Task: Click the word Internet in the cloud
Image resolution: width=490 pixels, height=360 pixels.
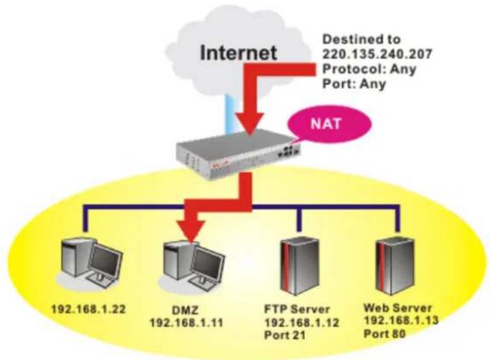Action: pos(239,53)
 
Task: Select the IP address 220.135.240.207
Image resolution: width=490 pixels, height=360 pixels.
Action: pos(376,54)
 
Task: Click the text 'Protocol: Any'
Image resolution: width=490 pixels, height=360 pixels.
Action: pos(369,69)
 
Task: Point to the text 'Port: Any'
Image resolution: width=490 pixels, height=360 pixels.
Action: pos(354,84)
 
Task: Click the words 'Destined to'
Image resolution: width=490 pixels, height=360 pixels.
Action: pos(361,40)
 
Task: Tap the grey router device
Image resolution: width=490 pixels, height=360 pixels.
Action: pos(237,154)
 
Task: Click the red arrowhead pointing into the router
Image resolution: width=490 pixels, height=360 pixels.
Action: pos(250,123)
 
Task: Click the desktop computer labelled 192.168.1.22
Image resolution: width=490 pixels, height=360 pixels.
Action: pos(91,263)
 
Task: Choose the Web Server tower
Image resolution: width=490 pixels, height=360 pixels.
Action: pos(395,266)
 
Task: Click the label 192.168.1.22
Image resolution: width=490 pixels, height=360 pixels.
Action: pos(88,309)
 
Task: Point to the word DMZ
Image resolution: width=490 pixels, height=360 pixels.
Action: pos(185,311)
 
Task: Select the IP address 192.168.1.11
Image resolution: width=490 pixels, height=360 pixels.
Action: pos(187,323)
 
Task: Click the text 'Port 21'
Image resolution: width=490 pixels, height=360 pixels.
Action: pos(285,335)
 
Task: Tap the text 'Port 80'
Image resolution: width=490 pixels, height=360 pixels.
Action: pos(384,334)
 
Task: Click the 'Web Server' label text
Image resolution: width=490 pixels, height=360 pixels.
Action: pos(398,308)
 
